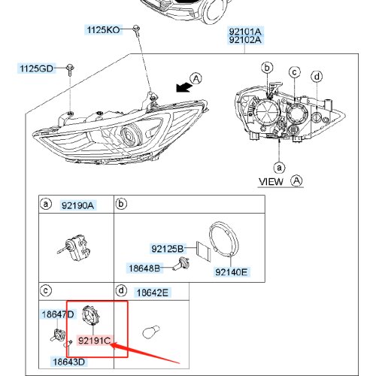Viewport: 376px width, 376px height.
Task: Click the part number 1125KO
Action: click(x=103, y=30)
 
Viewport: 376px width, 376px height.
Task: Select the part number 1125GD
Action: click(x=37, y=68)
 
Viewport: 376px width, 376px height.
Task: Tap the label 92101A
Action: click(x=245, y=32)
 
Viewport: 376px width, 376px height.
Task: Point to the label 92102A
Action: click(x=245, y=40)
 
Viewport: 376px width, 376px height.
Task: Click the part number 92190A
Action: click(x=77, y=205)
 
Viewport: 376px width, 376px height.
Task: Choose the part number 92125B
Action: click(x=168, y=249)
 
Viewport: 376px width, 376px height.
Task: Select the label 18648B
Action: click(x=144, y=268)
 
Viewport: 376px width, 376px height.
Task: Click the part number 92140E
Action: click(x=232, y=271)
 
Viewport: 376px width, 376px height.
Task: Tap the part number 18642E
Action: click(x=153, y=293)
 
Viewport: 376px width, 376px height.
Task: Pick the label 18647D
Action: click(x=58, y=314)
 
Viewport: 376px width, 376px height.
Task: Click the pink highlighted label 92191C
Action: click(x=94, y=341)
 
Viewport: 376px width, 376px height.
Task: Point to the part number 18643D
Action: click(x=69, y=362)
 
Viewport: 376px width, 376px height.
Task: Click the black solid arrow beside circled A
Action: click(x=183, y=87)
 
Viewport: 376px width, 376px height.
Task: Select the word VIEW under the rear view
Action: click(x=271, y=182)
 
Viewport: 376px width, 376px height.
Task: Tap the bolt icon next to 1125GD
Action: click(x=70, y=70)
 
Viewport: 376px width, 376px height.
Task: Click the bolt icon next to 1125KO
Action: click(x=136, y=29)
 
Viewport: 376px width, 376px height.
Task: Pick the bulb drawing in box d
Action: click(x=151, y=332)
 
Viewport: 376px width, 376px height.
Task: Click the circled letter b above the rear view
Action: click(x=267, y=68)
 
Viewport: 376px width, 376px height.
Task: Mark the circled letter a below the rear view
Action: click(x=279, y=168)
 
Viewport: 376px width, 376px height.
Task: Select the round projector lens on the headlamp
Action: click(x=130, y=136)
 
